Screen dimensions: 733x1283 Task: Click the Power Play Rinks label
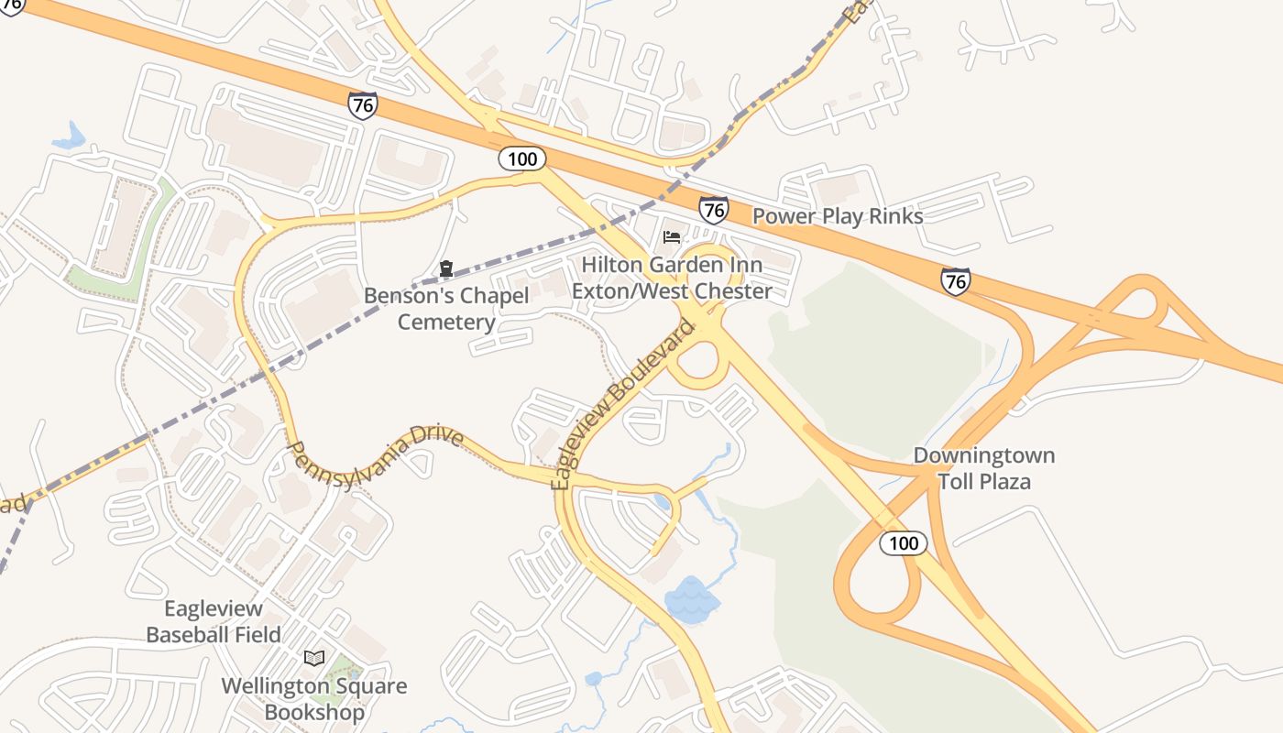(x=838, y=216)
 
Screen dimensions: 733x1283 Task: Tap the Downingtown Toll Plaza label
(x=983, y=468)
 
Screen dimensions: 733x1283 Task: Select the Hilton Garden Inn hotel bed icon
(x=672, y=237)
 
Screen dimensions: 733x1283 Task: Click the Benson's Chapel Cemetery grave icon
(x=445, y=268)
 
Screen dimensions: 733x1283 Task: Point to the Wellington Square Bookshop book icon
(x=314, y=658)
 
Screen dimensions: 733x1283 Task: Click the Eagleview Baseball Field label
(x=214, y=621)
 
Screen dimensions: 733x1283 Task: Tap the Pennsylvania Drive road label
(x=376, y=446)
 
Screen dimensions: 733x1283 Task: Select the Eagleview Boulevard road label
(x=623, y=403)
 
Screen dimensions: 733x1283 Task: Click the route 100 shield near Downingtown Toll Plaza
(x=904, y=543)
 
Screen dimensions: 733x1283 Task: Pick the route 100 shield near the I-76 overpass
(x=522, y=159)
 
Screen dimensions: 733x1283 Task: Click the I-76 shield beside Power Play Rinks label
(x=713, y=210)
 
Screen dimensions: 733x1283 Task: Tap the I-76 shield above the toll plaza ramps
(x=955, y=280)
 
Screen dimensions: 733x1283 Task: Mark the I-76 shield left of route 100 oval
(x=363, y=104)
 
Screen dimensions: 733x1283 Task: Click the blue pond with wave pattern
(x=692, y=599)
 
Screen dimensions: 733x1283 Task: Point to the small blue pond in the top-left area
(x=69, y=137)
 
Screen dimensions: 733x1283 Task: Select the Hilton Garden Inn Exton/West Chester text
(x=672, y=278)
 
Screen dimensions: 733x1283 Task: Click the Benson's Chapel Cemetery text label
(x=446, y=309)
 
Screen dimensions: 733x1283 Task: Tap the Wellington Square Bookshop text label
(x=314, y=698)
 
